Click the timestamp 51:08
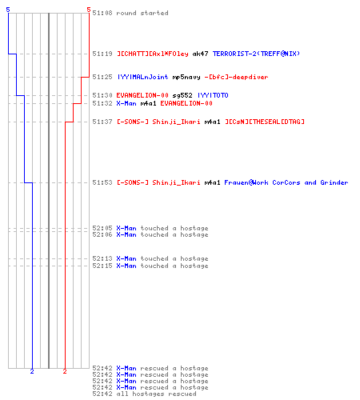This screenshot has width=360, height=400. click(102, 13)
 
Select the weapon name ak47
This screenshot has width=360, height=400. click(200, 54)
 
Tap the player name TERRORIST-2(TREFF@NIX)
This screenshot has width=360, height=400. click(256, 54)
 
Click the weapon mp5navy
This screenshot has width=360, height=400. click(186, 77)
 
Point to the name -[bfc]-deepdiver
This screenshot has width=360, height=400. click(236, 77)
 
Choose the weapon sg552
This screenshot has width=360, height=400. click(182, 95)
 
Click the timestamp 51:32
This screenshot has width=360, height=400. click(102, 103)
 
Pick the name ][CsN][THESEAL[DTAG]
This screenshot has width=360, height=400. click(265, 122)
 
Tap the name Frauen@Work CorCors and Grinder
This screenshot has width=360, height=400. click(286, 182)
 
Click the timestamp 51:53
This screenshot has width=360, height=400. click(102, 182)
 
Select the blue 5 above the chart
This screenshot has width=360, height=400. click(8, 10)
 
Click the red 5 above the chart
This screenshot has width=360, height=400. click(89, 10)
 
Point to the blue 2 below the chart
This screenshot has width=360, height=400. click(32, 371)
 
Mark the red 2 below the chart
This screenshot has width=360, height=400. click(65, 371)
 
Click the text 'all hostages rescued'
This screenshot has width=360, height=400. click(156, 394)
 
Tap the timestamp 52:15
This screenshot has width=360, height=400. click(102, 266)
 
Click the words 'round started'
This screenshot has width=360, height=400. click(142, 13)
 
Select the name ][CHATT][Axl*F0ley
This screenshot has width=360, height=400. click(153, 54)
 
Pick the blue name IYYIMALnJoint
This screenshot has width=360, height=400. click(142, 77)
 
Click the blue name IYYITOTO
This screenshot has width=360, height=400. click(213, 95)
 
